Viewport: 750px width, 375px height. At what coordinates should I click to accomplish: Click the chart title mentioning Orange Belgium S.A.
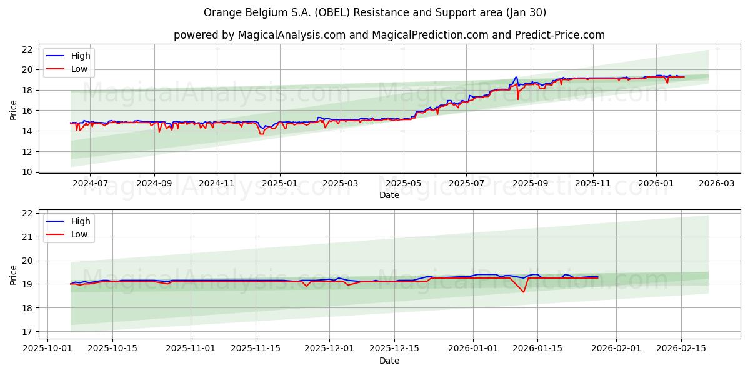[375, 12]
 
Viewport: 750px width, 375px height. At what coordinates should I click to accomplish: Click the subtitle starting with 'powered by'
[389, 35]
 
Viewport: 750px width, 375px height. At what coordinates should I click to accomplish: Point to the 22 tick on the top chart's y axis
[27, 49]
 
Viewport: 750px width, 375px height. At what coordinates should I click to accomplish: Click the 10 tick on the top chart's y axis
[27, 172]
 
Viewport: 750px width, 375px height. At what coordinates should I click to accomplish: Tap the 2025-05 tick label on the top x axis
[403, 184]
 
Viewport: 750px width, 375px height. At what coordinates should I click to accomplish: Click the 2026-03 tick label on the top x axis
[716, 184]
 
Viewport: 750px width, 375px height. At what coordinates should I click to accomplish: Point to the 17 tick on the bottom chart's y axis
[27, 332]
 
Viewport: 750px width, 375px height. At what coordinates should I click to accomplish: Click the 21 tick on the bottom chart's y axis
[27, 237]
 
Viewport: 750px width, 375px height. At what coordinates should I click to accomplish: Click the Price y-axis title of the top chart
[13, 110]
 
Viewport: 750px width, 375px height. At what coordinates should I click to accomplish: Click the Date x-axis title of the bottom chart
[389, 361]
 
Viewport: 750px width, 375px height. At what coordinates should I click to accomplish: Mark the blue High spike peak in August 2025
[516, 77]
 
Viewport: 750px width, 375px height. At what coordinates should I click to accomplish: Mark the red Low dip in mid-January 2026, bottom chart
[524, 292]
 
